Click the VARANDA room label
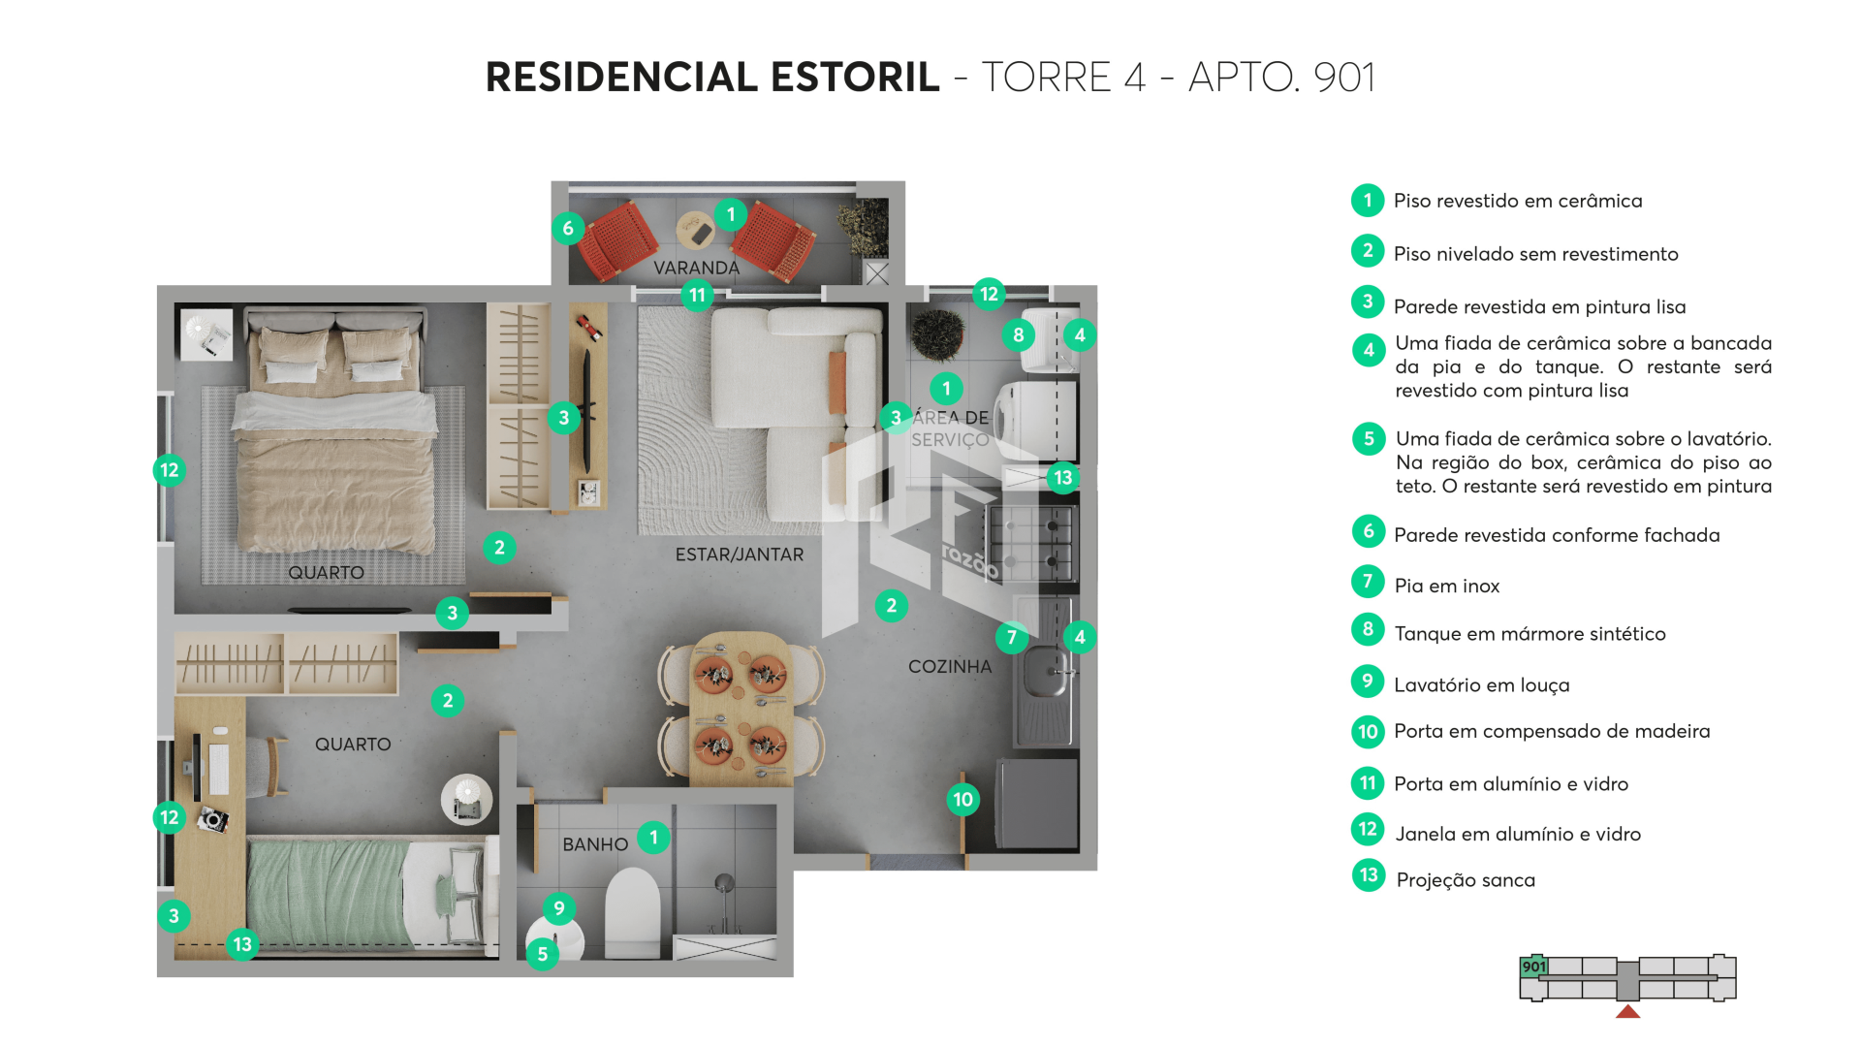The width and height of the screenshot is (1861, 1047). click(696, 268)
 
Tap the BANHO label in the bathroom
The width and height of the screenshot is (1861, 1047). click(595, 844)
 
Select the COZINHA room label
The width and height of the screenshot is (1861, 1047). click(950, 667)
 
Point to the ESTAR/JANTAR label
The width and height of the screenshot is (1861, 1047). click(740, 555)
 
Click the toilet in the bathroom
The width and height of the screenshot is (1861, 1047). click(632, 913)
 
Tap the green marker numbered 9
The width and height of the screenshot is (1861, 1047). click(559, 908)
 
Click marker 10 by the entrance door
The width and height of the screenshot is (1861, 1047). click(962, 800)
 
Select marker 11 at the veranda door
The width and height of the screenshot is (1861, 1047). click(697, 295)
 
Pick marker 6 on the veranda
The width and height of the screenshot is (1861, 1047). click(568, 229)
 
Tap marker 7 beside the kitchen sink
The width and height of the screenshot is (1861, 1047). click(1012, 637)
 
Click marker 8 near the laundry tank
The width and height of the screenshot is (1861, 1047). click(1018, 335)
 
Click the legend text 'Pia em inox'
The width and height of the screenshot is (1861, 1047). click(1446, 586)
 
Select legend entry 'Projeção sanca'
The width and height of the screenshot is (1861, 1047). click(1466, 880)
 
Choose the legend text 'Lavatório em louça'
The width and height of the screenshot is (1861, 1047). click(1481, 685)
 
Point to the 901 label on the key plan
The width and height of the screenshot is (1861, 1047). click(1533, 967)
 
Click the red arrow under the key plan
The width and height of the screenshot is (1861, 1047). click(1628, 1012)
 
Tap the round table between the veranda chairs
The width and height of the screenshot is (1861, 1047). click(695, 231)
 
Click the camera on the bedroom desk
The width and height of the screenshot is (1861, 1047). click(212, 820)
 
